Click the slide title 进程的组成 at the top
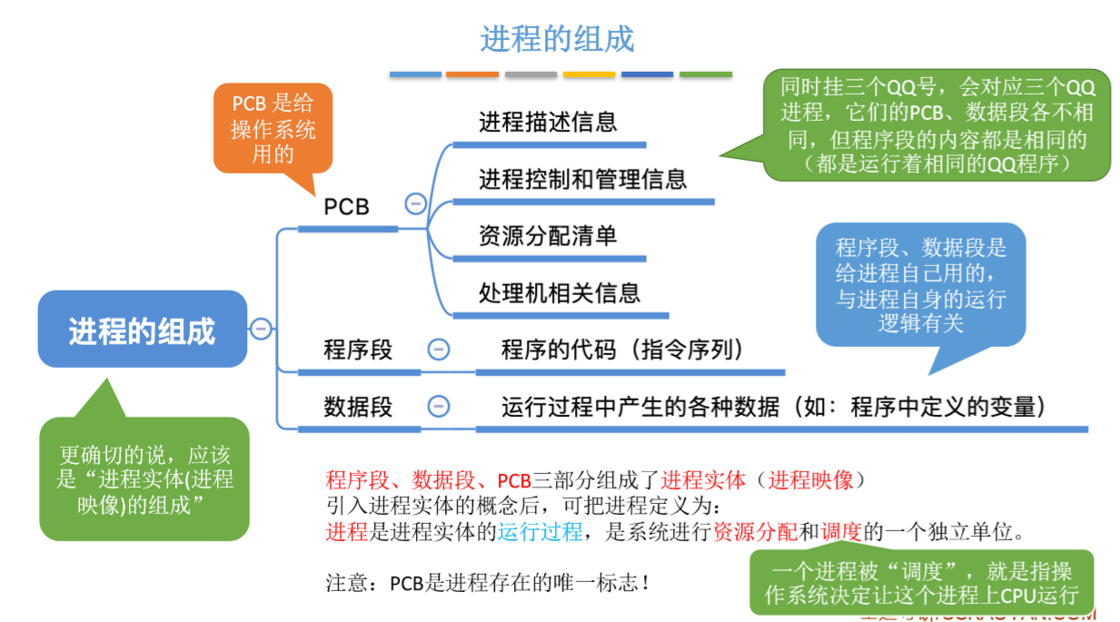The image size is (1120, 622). (x=557, y=39)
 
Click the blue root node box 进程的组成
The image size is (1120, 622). (x=142, y=330)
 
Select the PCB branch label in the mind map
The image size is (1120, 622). (x=347, y=207)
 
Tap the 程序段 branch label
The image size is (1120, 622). (x=358, y=350)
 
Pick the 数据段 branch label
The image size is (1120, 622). (x=358, y=407)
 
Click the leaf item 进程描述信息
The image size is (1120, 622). (x=548, y=123)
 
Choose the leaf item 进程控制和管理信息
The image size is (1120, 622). (x=582, y=179)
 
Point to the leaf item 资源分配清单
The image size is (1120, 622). (x=548, y=236)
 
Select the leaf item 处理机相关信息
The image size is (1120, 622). (x=560, y=292)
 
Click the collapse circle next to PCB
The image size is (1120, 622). (x=415, y=203)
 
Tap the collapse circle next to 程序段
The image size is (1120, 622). (x=439, y=350)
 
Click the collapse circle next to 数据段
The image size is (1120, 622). (x=439, y=407)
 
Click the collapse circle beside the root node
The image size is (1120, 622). (x=261, y=329)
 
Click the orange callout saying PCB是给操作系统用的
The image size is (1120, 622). (x=273, y=128)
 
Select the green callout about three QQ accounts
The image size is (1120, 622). (x=937, y=124)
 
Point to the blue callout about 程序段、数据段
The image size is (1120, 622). (x=920, y=284)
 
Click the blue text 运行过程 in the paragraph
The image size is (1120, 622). (x=540, y=532)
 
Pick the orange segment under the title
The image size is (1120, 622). (x=472, y=74)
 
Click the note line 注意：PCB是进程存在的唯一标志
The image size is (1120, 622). (x=488, y=582)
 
